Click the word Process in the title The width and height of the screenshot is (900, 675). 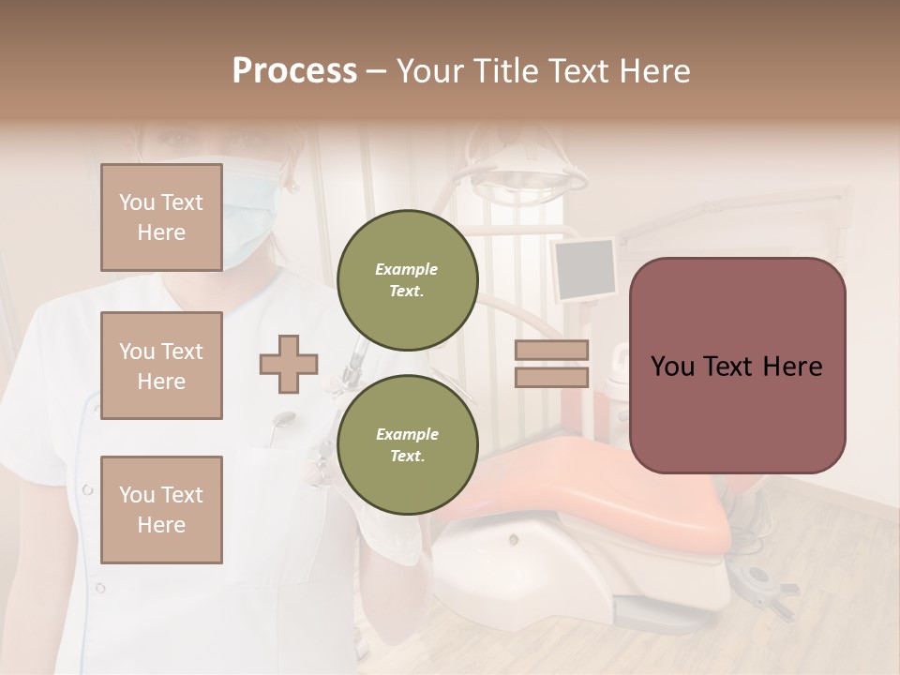294,70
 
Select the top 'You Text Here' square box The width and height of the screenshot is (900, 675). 161,217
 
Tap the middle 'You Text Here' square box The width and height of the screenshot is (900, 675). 161,366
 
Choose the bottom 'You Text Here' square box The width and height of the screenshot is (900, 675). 161,509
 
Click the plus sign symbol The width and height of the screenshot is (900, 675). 289,364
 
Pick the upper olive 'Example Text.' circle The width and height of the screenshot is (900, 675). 407,280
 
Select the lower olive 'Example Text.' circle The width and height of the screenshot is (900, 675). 407,445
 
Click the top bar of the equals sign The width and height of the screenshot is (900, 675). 552,351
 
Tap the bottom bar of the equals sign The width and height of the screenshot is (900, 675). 552,377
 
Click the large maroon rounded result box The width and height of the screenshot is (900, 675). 737,366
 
